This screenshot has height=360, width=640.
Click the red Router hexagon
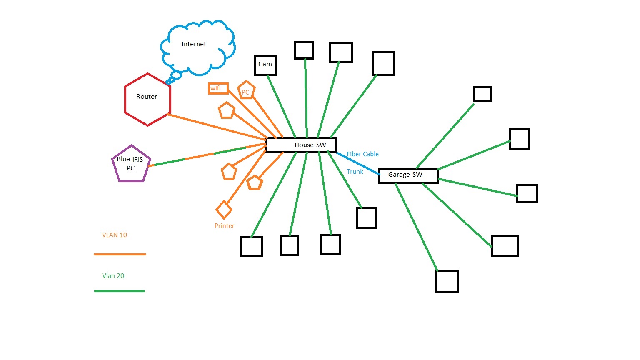point(147,100)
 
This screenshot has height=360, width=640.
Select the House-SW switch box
point(301,145)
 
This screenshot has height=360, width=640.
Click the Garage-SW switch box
point(408,175)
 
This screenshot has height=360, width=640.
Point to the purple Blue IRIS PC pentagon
point(131,164)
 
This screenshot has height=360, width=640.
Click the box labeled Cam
point(265,65)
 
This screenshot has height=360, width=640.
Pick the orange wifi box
point(218,88)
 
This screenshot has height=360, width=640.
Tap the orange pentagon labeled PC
point(246,90)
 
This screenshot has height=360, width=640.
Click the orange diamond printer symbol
point(224,210)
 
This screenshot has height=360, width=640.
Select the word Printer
point(224,226)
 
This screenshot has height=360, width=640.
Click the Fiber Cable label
point(362,154)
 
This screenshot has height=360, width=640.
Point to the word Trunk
point(355,172)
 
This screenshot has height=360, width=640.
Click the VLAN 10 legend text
point(115,235)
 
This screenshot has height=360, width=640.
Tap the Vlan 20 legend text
point(113,276)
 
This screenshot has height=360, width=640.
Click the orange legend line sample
point(120,254)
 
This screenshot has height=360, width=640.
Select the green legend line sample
point(120,291)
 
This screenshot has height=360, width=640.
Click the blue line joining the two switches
point(357,163)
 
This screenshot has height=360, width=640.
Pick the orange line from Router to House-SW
point(217,126)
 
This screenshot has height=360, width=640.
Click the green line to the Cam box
point(281,106)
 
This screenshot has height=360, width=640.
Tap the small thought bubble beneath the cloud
point(176,75)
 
